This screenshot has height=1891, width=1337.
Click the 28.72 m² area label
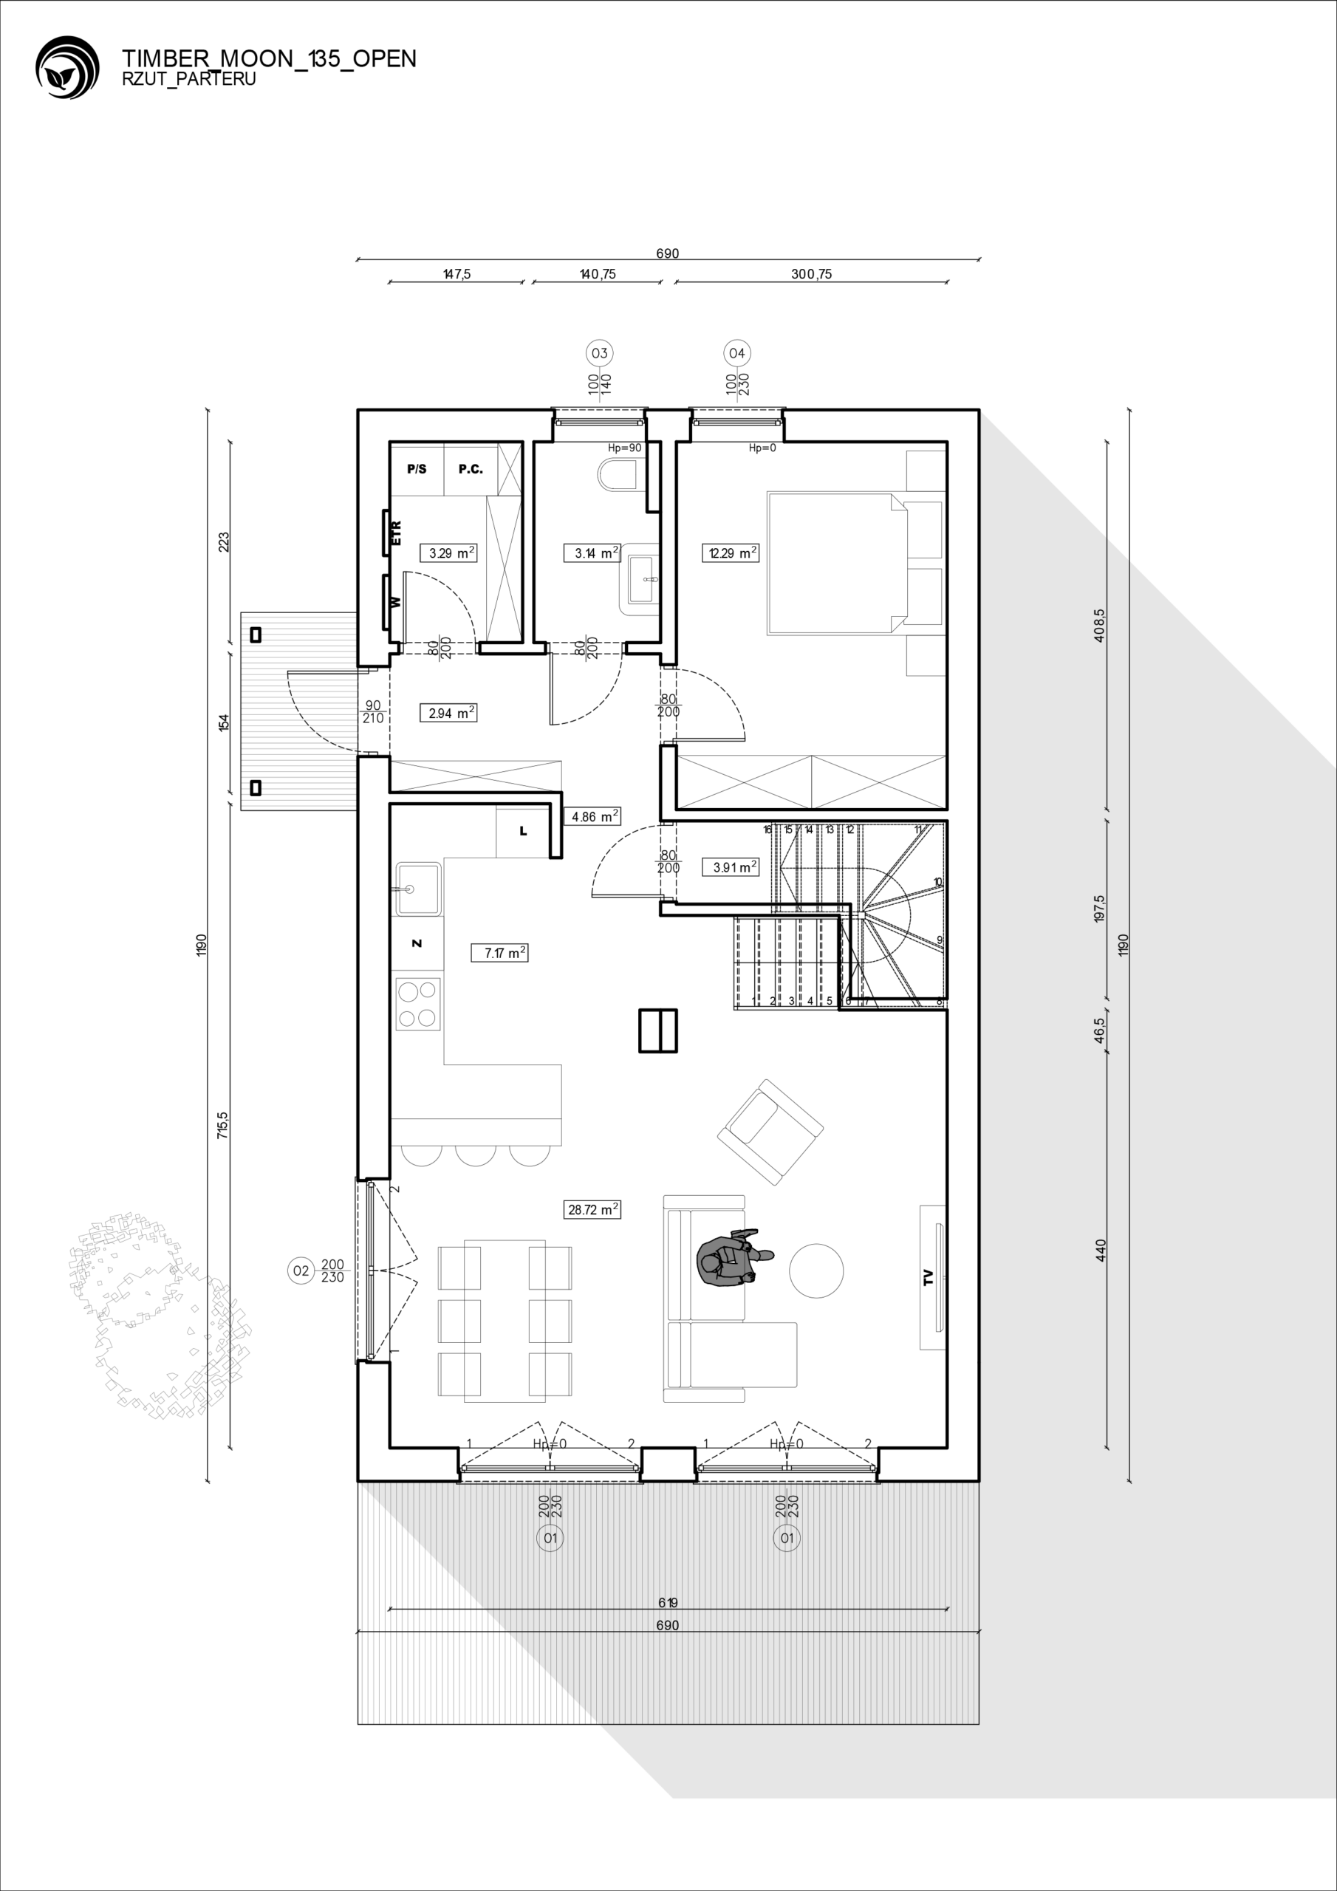click(592, 1210)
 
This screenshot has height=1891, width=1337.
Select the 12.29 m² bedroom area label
click(730, 553)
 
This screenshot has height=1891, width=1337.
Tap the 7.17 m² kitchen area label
click(500, 953)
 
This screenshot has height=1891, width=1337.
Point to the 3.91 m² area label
click(730, 866)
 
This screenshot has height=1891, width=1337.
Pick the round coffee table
click(816, 1271)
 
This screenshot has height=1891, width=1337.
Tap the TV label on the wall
click(929, 1278)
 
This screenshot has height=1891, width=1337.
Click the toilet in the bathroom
click(619, 475)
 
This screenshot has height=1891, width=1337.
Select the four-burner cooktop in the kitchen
click(417, 1004)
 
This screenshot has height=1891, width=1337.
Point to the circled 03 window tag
click(599, 353)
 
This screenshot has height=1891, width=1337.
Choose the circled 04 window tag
click(736, 353)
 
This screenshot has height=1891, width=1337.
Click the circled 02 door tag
click(301, 1271)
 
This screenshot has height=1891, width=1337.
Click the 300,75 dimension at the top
click(811, 274)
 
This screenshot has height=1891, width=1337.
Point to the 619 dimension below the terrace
click(668, 1603)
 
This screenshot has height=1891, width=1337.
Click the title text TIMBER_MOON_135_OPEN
click(270, 58)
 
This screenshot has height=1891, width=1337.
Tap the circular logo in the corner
click(67, 67)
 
